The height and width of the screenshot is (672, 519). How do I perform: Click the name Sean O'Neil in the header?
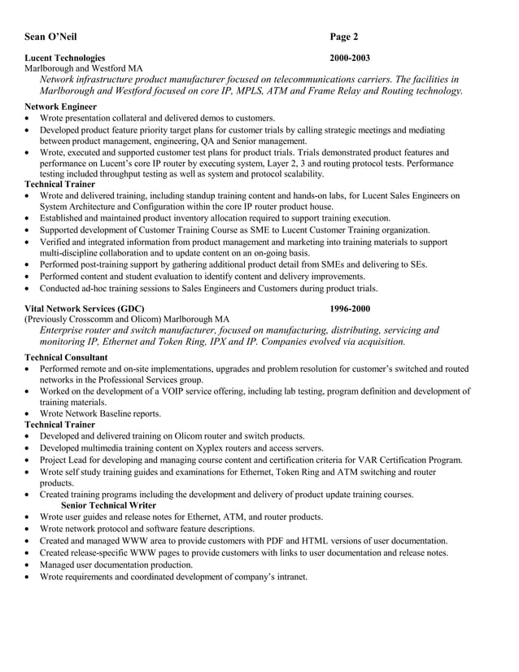(52, 37)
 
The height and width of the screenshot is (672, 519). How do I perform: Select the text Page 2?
(344, 37)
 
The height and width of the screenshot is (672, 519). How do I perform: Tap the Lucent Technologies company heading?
(65, 58)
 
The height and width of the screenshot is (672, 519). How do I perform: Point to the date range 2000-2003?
(350, 58)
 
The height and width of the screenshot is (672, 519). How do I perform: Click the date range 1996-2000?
(350, 308)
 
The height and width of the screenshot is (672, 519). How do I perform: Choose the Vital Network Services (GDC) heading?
(85, 308)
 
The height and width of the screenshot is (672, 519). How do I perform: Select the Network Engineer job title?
(61, 107)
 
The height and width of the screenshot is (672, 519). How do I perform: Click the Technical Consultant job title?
(66, 357)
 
